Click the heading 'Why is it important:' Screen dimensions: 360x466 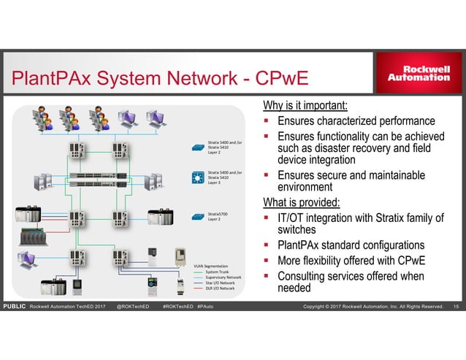click(x=305, y=104)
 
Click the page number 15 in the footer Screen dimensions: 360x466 click(x=457, y=305)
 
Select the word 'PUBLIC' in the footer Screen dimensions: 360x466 click(x=14, y=305)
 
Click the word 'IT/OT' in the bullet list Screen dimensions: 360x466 click(x=293, y=218)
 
